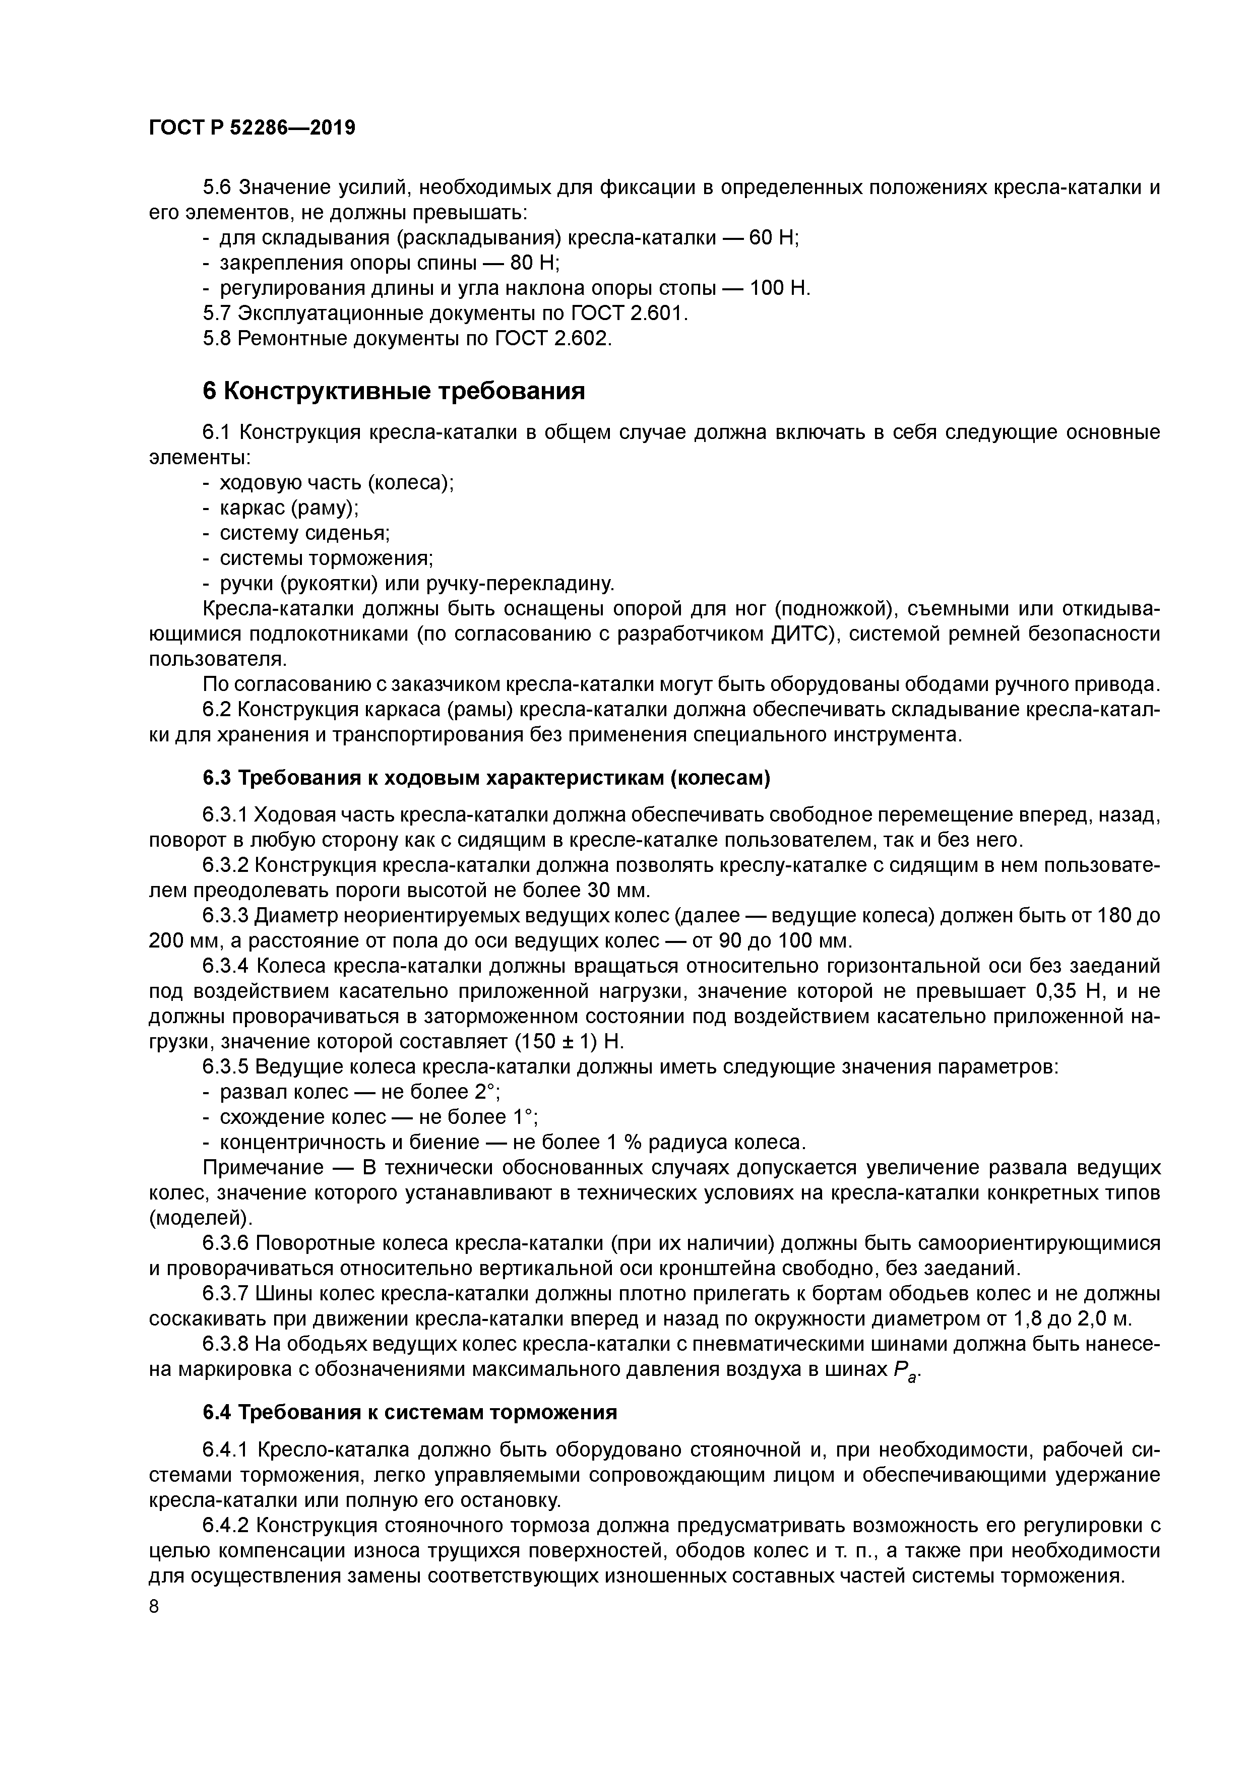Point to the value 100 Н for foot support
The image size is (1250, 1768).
[x=779, y=289]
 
